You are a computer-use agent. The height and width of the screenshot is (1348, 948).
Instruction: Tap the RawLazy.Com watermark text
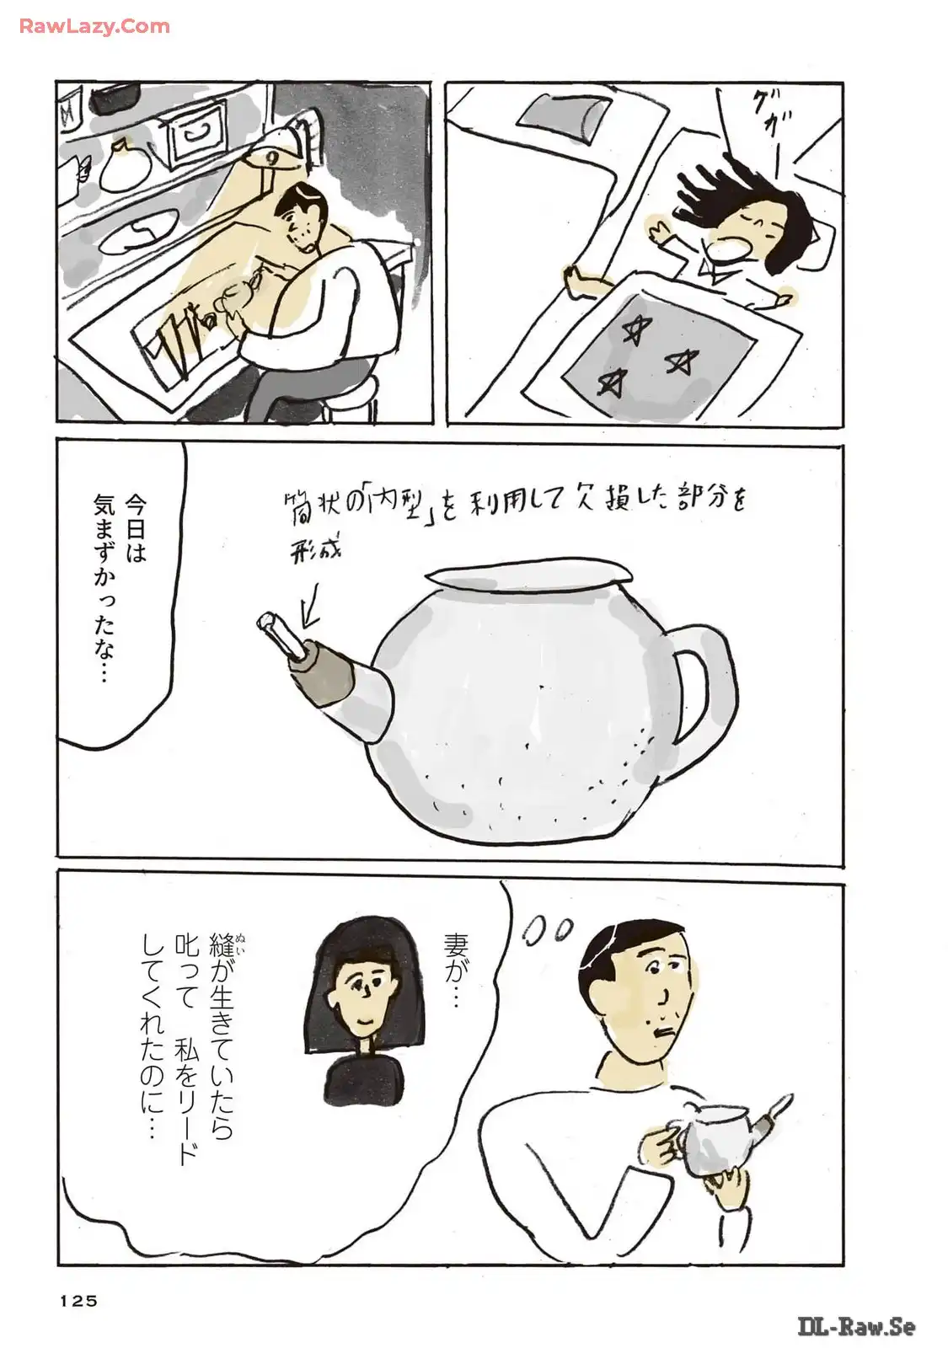pyautogui.click(x=94, y=26)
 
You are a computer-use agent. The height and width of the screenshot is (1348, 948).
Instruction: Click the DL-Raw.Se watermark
pyautogui.click(x=856, y=1326)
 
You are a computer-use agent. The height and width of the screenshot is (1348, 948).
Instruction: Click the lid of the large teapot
pyautogui.click(x=529, y=579)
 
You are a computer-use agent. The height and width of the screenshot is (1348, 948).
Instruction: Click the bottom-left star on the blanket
pyautogui.click(x=610, y=380)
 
